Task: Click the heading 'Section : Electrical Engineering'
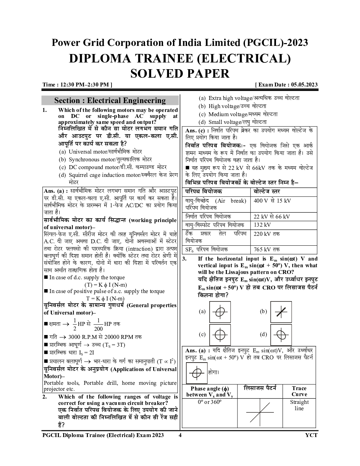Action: click(x=110, y=101)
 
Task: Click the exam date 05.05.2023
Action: click(x=304, y=85)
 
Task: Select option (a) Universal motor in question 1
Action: click(x=100, y=152)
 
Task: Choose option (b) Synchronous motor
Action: click(x=105, y=160)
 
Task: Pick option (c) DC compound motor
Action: click(x=113, y=167)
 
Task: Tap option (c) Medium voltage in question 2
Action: click(x=238, y=114)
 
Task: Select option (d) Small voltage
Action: click(x=233, y=122)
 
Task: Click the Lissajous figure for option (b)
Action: click(x=281, y=312)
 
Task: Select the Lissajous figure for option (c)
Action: click(x=220, y=335)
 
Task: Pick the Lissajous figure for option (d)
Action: click(x=281, y=335)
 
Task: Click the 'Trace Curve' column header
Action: click(x=299, y=392)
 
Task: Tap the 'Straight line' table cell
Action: click(x=299, y=405)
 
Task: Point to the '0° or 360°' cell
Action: click(x=210, y=402)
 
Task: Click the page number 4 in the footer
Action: click(x=180, y=435)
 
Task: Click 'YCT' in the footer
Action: click(x=311, y=435)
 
